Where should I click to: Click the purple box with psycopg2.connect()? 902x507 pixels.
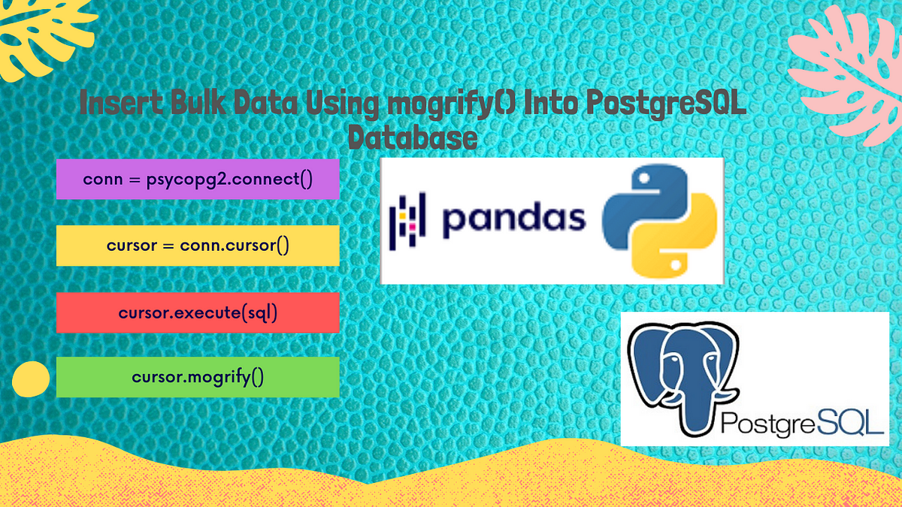(198, 179)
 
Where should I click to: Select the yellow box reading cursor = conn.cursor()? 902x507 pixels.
(198, 246)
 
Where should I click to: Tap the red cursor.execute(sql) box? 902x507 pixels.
(198, 312)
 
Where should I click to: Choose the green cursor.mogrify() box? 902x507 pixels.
(198, 377)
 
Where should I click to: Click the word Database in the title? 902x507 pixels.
(413, 137)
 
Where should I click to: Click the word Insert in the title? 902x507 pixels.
(121, 102)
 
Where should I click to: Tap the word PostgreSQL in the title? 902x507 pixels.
(667, 104)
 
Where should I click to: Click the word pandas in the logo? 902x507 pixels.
(514, 219)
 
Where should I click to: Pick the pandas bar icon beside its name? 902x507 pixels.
(407, 221)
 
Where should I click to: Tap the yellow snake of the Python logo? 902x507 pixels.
(674, 237)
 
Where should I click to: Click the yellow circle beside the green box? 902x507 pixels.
(31, 379)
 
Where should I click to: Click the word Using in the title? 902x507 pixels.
(342, 104)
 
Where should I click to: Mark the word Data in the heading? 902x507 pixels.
(266, 102)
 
